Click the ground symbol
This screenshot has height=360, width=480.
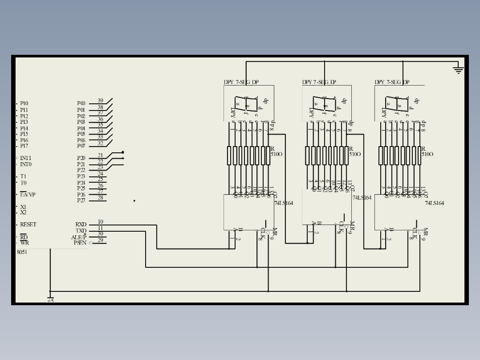coord(458,70)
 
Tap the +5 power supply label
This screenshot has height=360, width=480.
coord(50,300)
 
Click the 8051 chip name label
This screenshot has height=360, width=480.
coord(22,252)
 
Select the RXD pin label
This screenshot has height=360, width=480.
coord(81,225)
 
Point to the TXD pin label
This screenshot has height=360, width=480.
coord(81,231)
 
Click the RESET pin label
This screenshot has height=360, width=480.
coord(28,225)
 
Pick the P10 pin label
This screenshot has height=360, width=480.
coord(24,103)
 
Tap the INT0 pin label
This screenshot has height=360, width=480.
coord(25,164)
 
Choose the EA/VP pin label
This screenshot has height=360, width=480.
coord(27,195)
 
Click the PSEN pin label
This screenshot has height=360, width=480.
coord(80,243)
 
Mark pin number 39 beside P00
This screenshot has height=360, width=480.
coord(100,101)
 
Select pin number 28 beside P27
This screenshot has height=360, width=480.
coord(100,197)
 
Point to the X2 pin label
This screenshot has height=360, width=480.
coord(23,213)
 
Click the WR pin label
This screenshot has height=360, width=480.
coord(24,243)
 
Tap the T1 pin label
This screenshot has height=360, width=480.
coord(23,176)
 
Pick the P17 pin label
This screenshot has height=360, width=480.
coord(24,146)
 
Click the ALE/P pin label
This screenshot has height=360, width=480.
coord(79,237)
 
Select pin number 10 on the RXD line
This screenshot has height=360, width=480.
coord(100,221)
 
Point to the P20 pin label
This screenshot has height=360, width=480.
coord(81,158)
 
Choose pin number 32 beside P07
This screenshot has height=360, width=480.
coord(100,143)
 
